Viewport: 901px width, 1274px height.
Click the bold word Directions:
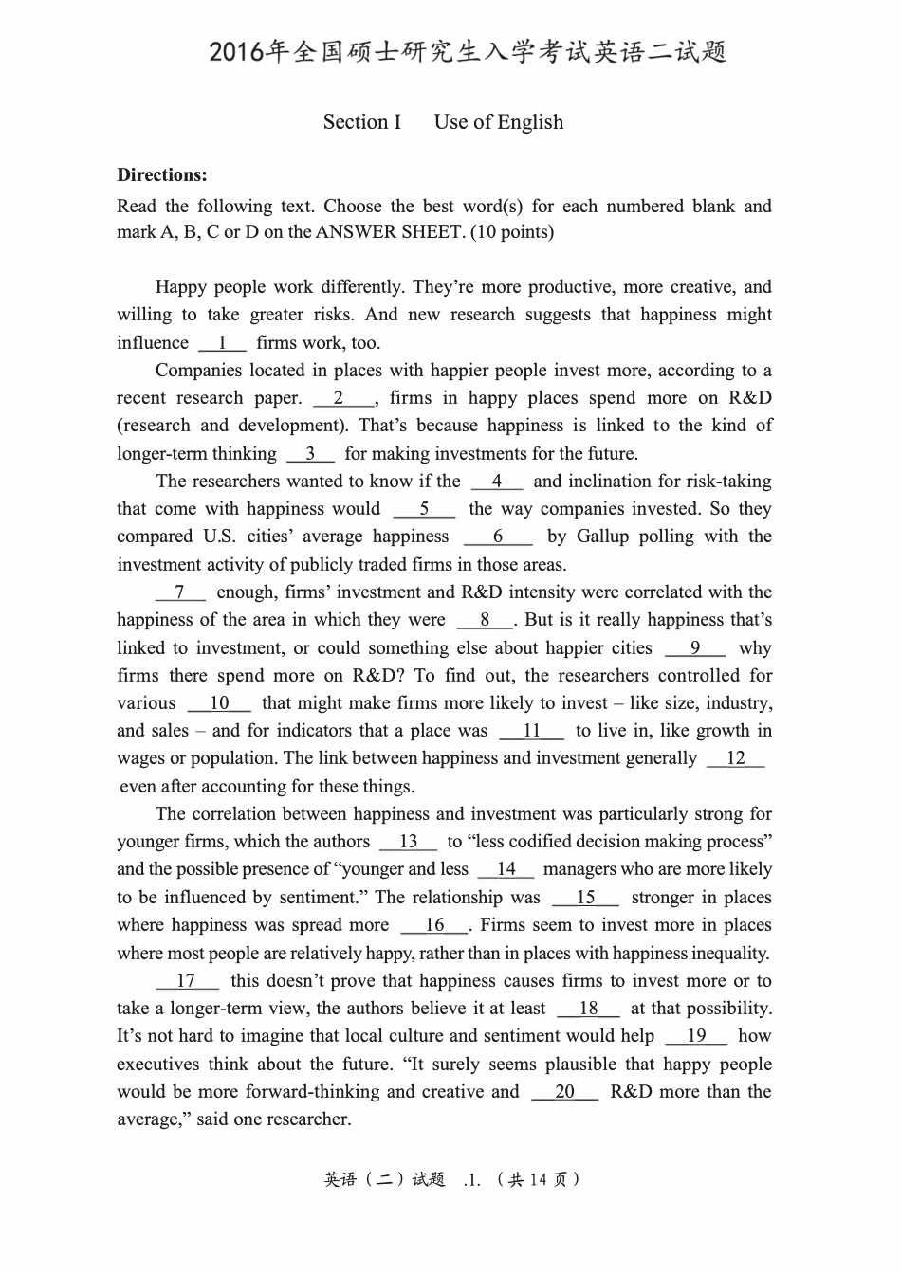click(x=162, y=174)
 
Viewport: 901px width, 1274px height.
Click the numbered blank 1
click(x=222, y=343)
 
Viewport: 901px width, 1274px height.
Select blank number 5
click(x=424, y=509)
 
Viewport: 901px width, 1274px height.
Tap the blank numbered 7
click(x=180, y=592)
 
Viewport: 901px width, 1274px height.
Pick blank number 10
click(x=219, y=703)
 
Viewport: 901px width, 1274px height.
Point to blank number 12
click(x=736, y=758)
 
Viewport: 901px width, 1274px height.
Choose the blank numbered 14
click(x=506, y=869)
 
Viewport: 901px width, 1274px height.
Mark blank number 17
click(x=186, y=981)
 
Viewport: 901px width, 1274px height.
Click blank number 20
click(x=564, y=1092)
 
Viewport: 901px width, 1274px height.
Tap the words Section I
click(x=362, y=122)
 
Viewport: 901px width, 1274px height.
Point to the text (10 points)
click(x=513, y=232)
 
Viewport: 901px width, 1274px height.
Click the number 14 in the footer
click(x=539, y=1180)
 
